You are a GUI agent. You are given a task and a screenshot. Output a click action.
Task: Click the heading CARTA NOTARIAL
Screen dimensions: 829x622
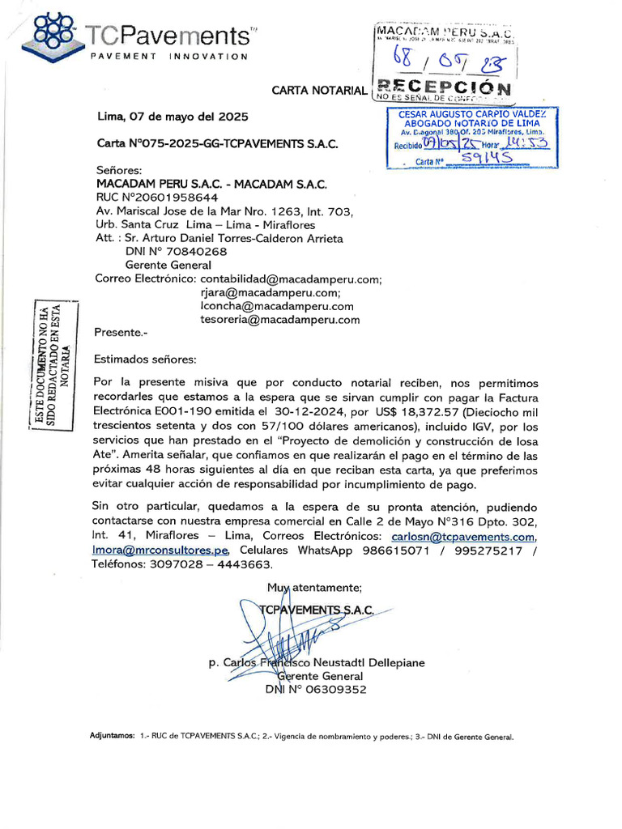point(319,91)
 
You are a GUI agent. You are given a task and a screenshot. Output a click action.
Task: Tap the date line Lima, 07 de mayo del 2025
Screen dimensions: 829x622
point(173,117)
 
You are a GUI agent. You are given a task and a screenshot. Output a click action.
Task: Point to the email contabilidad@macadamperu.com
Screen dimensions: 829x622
point(291,279)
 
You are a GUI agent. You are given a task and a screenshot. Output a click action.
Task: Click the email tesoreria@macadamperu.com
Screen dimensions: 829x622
point(279,320)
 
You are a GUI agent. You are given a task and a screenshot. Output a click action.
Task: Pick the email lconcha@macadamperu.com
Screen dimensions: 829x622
point(277,306)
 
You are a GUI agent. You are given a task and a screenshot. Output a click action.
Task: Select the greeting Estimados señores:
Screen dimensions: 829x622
point(145,359)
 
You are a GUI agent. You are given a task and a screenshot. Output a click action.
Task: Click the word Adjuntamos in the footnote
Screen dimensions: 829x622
point(113,737)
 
